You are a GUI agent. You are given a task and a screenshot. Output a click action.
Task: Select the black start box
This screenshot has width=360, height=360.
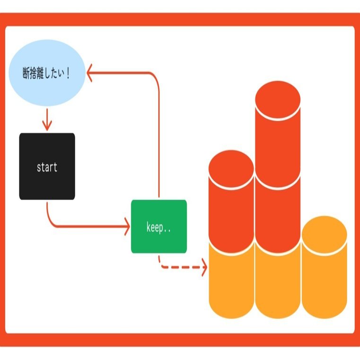coord(47,167)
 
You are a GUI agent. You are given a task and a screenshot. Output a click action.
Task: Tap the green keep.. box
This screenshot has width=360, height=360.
coord(159,227)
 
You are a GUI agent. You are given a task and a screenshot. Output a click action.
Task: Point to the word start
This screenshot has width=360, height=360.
coord(47,167)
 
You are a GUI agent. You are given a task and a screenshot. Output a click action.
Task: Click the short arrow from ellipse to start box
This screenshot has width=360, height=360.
coord(46,119)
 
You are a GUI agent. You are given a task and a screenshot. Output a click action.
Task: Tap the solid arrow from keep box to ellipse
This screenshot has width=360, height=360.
coord(158,132)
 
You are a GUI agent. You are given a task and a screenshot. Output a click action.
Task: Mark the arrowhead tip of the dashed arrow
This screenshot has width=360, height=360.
coord(206,268)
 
